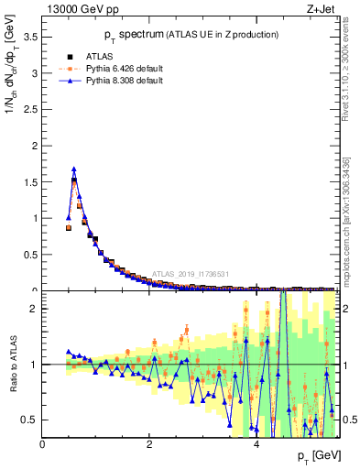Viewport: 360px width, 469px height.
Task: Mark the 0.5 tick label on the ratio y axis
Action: click(x=30, y=420)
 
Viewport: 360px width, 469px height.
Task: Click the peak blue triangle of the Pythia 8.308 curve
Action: click(x=74, y=169)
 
